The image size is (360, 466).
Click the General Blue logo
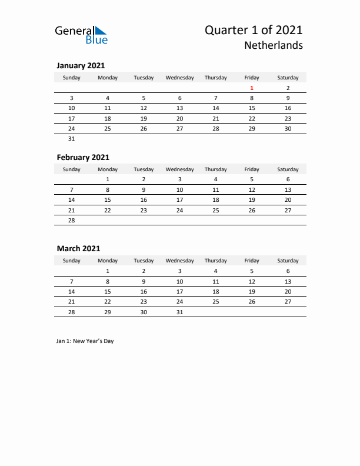[81, 35]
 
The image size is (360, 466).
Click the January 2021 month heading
[81, 66]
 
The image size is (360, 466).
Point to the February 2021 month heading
[83, 158]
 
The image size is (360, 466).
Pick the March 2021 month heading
[79, 249]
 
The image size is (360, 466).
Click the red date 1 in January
[252, 88]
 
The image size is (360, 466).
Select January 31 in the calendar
[72, 139]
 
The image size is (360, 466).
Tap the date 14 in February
[72, 200]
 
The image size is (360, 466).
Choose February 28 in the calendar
[72, 220]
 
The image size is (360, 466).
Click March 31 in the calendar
[179, 312]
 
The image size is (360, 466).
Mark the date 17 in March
[179, 291]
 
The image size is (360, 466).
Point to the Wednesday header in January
[179, 78]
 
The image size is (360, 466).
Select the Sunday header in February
[72, 169]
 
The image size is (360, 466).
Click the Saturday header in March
[288, 261]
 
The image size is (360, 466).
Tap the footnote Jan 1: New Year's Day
[85, 341]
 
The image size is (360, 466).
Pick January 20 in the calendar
[179, 118]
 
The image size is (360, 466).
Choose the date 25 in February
[216, 210]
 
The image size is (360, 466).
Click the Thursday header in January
[216, 78]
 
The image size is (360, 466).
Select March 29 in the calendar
[108, 312]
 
